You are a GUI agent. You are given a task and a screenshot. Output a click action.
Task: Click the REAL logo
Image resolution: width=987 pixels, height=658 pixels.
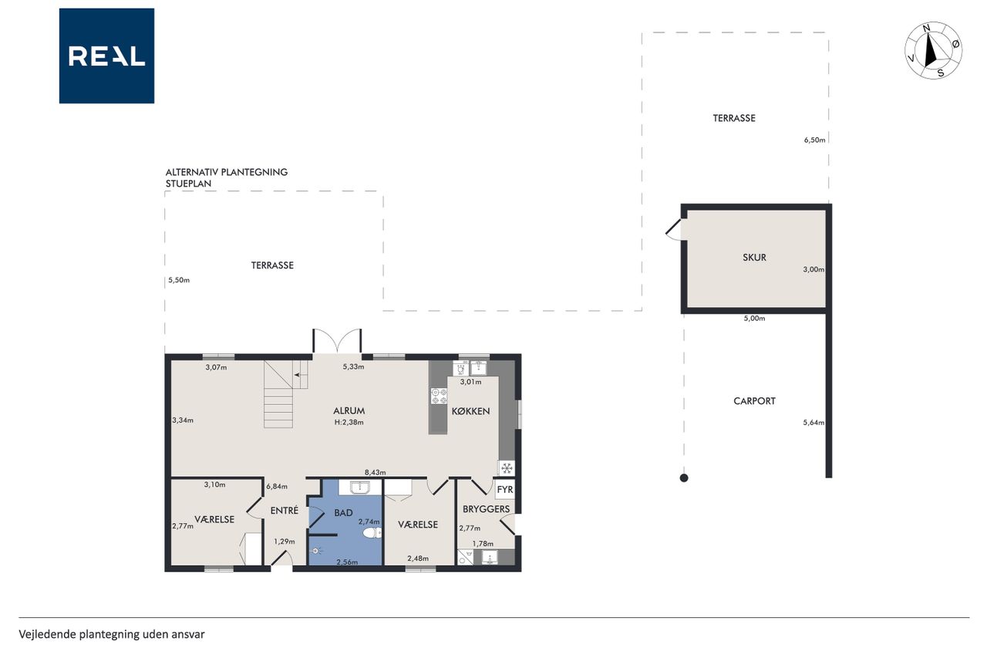(x=106, y=56)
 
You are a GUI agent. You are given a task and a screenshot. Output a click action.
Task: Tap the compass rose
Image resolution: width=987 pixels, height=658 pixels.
(x=933, y=50)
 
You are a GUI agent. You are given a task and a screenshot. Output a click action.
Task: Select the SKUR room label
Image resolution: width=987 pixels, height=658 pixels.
(x=754, y=258)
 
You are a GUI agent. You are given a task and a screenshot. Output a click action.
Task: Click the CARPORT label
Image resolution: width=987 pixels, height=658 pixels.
(x=754, y=401)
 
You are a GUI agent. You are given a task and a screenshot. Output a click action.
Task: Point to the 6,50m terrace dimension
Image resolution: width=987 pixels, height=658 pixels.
(x=814, y=140)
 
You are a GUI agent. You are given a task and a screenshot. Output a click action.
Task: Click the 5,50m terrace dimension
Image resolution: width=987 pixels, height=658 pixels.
(x=179, y=280)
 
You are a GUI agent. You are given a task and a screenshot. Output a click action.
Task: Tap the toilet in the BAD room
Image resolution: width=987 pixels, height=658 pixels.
(x=372, y=534)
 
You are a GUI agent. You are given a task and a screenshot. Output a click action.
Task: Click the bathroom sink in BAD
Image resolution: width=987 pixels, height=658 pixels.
(x=360, y=488)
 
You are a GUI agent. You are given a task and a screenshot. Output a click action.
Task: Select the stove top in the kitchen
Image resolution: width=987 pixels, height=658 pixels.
(x=439, y=396)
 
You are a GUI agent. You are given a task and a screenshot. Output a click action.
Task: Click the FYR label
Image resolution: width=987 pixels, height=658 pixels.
(x=505, y=490)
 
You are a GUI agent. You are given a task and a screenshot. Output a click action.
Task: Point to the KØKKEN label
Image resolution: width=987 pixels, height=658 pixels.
(x=470, y=411)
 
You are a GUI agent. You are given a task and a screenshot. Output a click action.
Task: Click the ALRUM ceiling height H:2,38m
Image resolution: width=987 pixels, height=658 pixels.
(x=349, y=422)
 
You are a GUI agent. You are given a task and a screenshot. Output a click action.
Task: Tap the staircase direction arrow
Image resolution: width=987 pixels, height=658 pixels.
(x=301, y=375)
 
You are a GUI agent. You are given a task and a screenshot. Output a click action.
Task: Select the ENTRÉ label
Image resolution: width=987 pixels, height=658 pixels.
(x=285, y=511)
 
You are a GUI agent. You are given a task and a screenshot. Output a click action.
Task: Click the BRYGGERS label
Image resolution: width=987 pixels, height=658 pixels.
(x=486, y=509)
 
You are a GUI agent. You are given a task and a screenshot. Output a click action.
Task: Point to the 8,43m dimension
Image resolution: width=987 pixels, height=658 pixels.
(x=375, y=472)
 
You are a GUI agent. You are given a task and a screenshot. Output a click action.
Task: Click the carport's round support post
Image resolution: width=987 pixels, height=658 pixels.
(x=684, y=477)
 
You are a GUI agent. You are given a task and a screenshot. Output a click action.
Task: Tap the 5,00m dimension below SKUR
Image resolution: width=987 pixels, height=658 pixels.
(x=754, y=319)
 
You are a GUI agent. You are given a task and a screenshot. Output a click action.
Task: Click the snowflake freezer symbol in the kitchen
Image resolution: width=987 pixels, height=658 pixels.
(x=507, y=468)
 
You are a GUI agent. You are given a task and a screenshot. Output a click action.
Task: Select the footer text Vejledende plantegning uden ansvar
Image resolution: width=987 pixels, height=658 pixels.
(x=112, y=635)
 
